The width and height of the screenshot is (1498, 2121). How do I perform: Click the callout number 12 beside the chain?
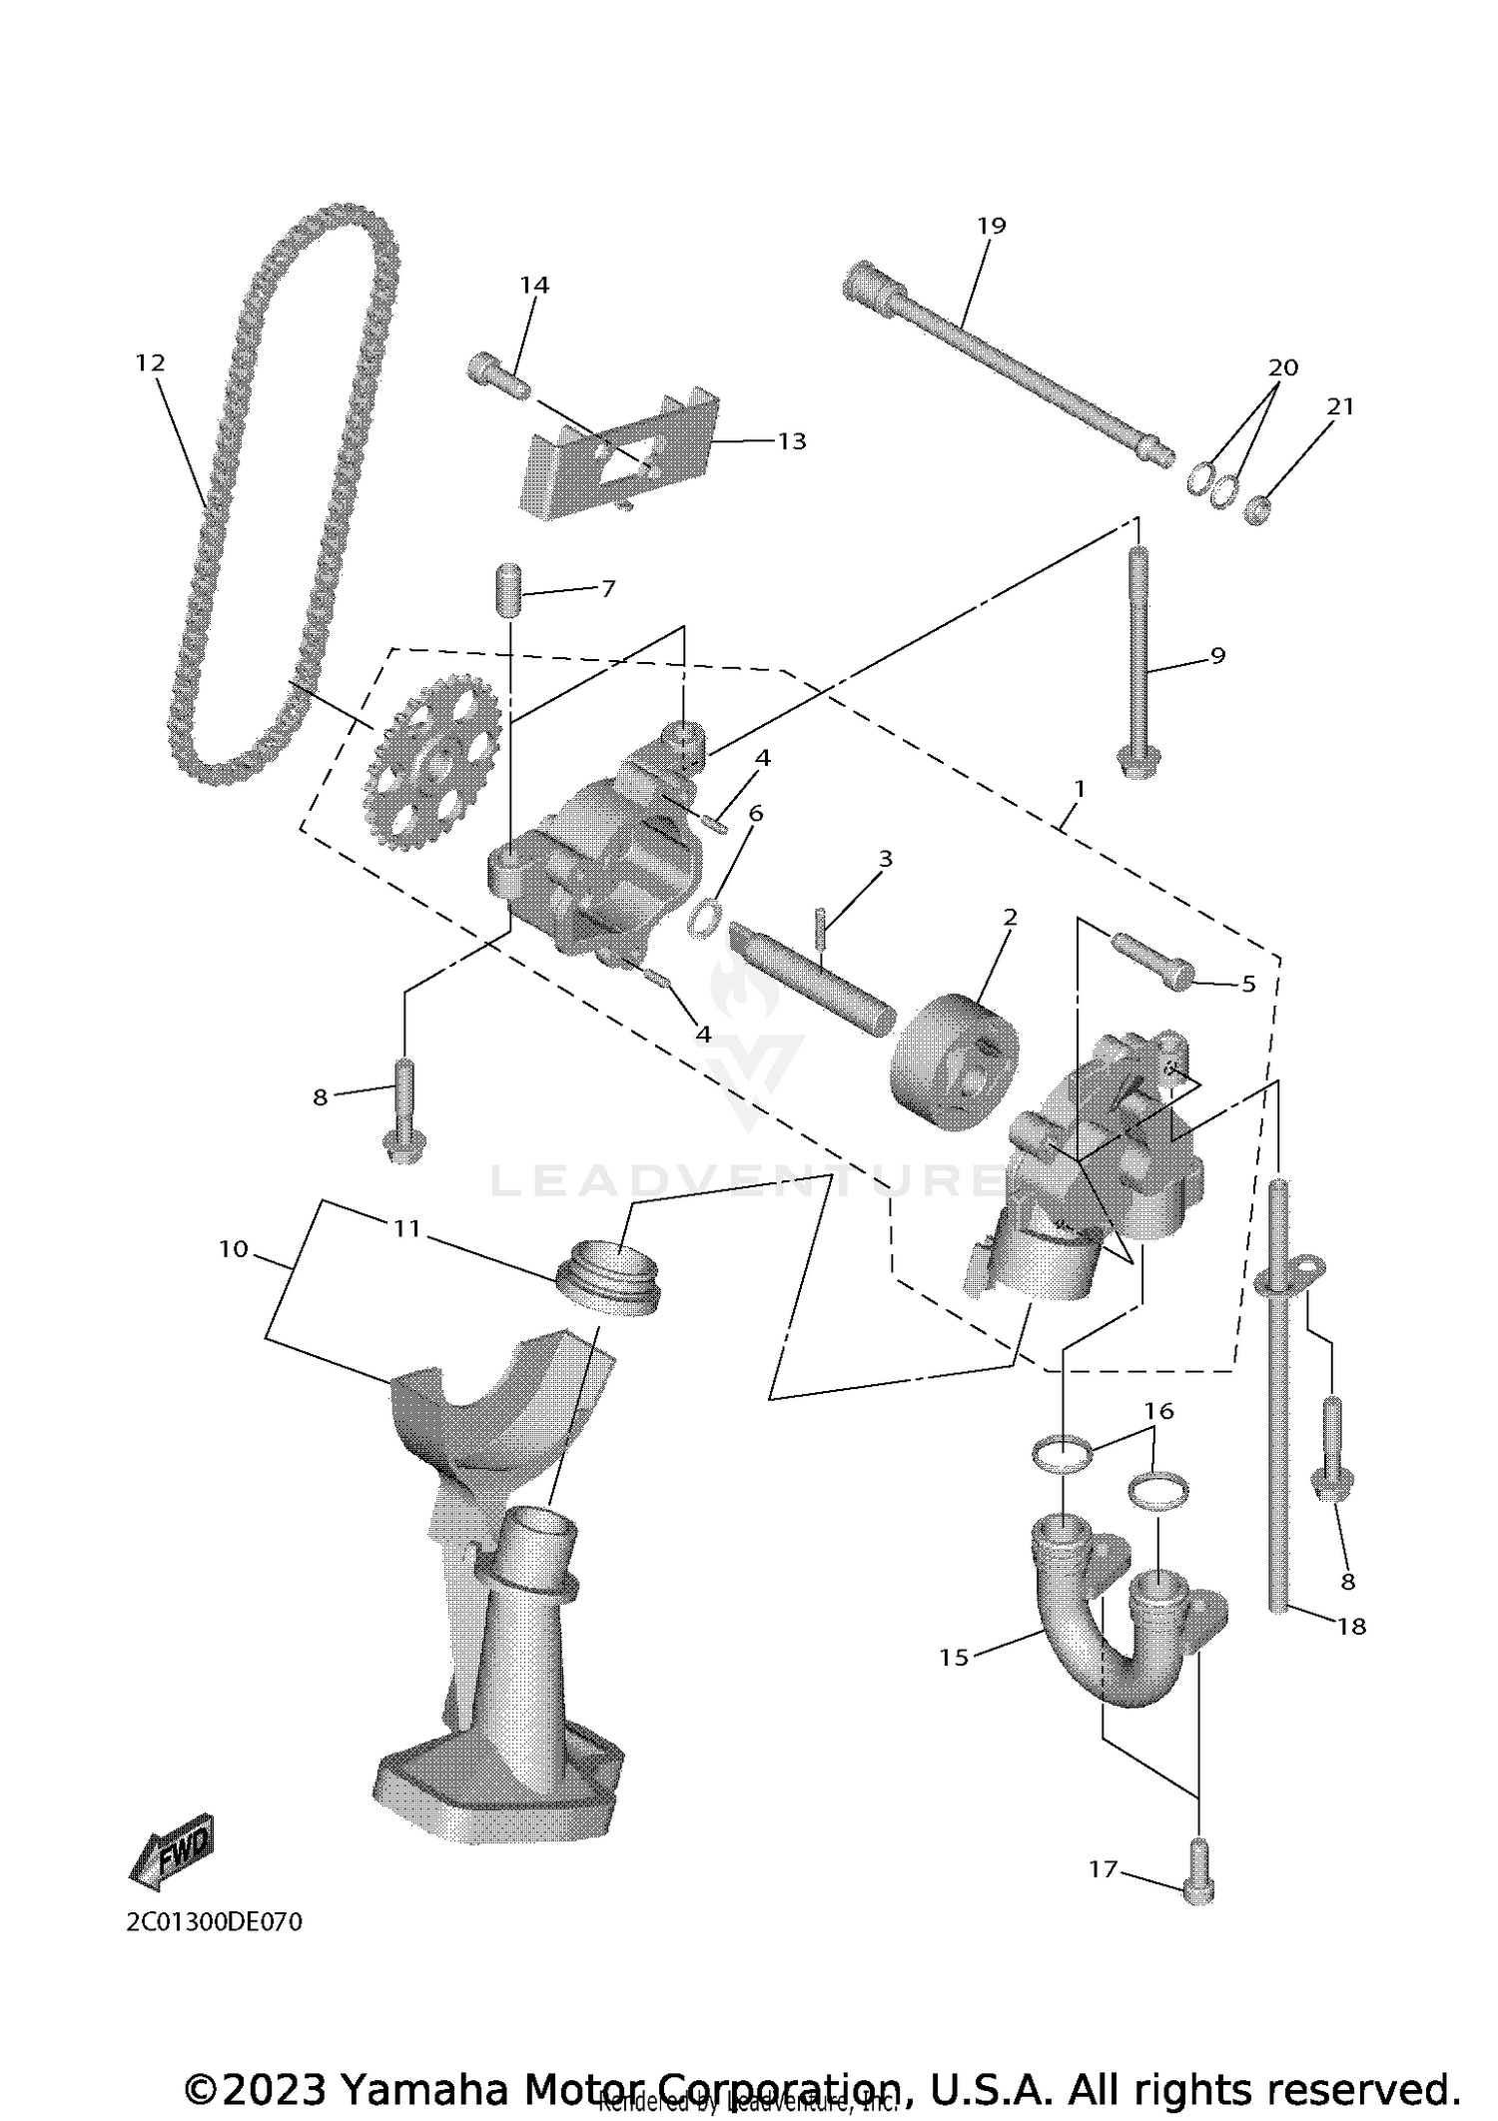tap(150, 362)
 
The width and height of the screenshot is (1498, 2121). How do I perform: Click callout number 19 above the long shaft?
tap(991, 226)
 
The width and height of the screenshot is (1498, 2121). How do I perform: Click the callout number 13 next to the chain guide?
tap(791, 440)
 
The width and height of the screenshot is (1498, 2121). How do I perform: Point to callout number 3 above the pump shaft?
tap(885, 859)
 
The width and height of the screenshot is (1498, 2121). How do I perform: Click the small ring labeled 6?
tap(704, 917)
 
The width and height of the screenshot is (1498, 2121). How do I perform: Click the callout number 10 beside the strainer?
tap(233, 1249)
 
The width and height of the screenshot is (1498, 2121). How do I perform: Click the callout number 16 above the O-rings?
tap(1158, 1411)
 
